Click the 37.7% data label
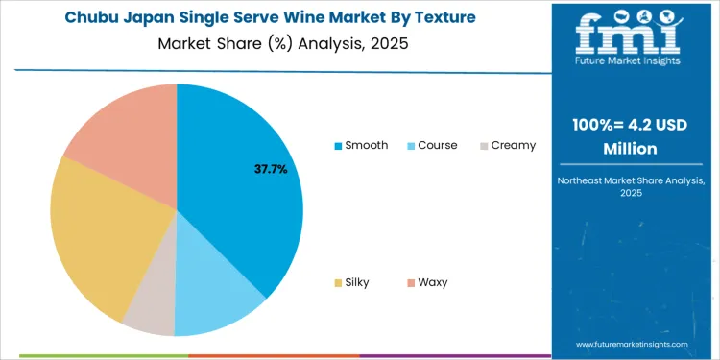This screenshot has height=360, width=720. pyautogui.click(x=271, y=169)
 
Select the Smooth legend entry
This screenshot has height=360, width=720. pyautogui.click(x=361, y=145)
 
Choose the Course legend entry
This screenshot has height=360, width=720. pyautogui.click(x=431, y=145)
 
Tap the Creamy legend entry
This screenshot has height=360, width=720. pyautogui.click(x=506, y=145)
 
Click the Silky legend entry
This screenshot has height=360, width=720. pyautogui.click(x=351, y=282)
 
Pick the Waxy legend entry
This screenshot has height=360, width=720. pyautogui.click(x=425, y=282)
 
